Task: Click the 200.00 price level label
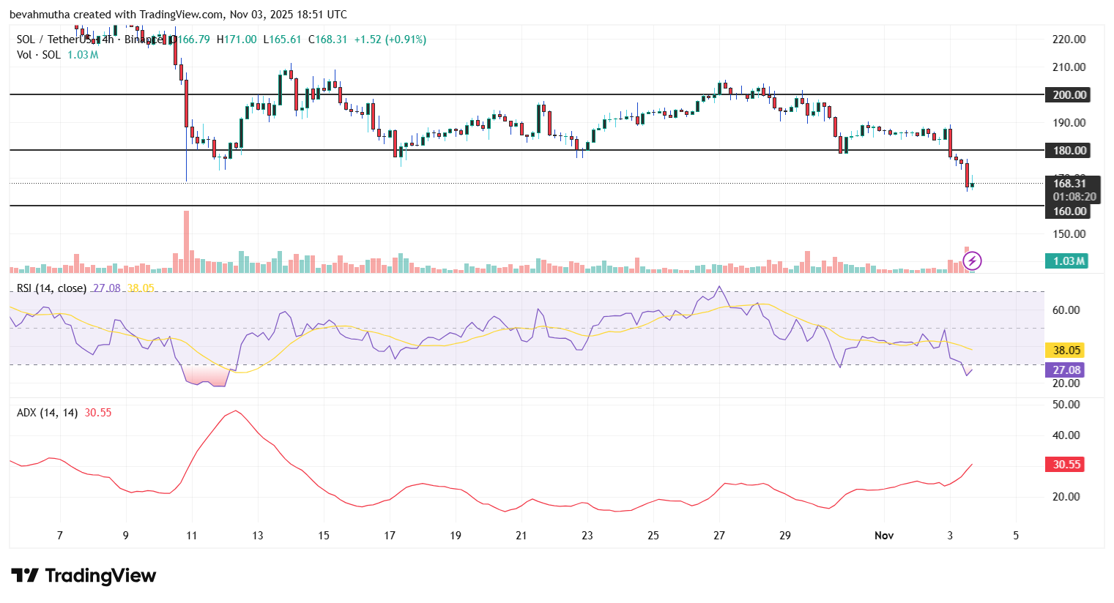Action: [1069, 95]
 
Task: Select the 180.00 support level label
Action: [1069, 151]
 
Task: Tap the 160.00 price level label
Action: [1069, 211]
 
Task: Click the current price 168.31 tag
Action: [1069, 184]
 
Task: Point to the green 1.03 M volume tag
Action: [1067, 261]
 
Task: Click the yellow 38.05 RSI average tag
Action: [1066, 351]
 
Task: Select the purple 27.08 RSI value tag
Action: [1066, 370]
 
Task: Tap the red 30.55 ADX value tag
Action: [1066, 465]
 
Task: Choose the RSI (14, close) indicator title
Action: [51, 288]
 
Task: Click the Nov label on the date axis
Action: [884, 536]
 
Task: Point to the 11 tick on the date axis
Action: [191, 536]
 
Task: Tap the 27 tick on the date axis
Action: [719, 536]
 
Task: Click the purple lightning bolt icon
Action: [973, 261]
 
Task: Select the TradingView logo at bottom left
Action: [83, 576]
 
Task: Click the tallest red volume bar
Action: [187, 242]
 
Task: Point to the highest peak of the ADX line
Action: [234, 411]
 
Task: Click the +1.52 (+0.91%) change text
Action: [390, 40]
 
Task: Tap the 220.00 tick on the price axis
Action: [1069, 40]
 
